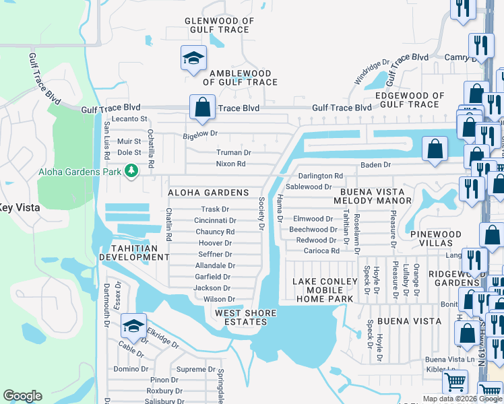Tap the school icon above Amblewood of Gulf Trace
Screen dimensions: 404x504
point(193,58)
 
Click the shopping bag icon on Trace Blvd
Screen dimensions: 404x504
point(202,106)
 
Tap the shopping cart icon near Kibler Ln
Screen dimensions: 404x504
point(455,382)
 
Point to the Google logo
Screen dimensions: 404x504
point(23,396)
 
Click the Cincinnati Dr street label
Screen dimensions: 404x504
point(215,220)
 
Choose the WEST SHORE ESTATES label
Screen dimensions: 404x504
point(241,318)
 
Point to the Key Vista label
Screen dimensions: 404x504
point(20,208)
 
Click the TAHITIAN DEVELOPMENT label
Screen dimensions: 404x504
point(133,252)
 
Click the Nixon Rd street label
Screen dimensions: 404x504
point(230,164)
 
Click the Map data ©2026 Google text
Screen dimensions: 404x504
point(462,399)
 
